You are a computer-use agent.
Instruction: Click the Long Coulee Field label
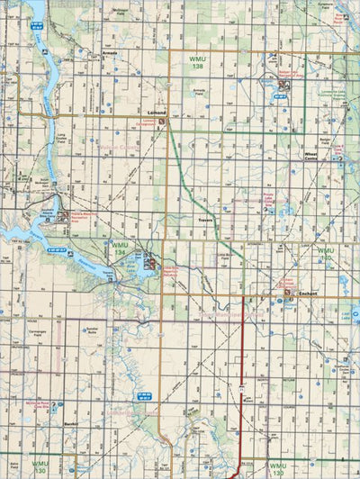click(x=61, y=140)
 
